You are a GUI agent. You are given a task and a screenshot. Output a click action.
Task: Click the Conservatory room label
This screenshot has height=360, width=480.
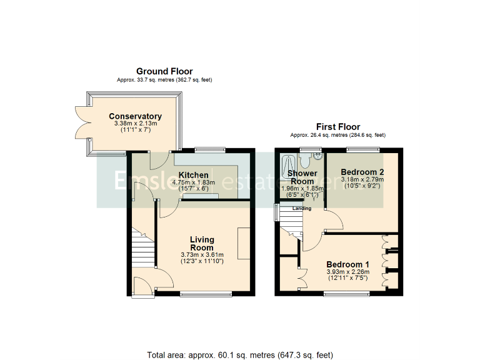pos(135,116)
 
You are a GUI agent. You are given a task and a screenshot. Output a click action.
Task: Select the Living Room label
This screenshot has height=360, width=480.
pos(202,243)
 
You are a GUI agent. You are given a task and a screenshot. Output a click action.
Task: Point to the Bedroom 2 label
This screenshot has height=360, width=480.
pos(362,172)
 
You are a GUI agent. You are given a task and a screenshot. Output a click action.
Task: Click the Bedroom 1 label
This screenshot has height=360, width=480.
pos(347,264)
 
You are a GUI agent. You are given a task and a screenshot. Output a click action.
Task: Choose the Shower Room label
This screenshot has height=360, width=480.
pos(302,177)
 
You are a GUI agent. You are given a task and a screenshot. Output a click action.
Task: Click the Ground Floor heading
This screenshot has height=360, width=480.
pos(164,71)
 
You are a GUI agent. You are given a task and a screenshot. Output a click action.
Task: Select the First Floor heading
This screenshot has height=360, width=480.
pos(337,127)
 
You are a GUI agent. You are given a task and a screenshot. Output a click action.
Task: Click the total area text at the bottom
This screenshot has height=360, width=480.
pos(240,354)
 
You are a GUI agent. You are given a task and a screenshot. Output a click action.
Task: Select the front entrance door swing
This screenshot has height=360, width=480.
pos(144,281)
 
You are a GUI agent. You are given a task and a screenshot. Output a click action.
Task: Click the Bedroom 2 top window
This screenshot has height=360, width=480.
pos(362,149)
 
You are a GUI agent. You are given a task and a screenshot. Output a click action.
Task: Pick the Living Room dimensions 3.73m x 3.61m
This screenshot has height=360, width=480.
pos(202,254)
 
